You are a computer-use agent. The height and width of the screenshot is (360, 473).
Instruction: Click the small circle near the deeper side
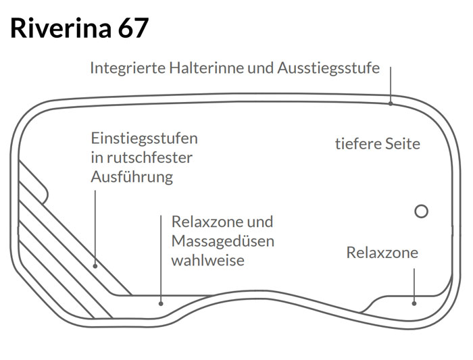[421, 211]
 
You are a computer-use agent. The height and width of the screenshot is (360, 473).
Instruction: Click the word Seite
[403, 144]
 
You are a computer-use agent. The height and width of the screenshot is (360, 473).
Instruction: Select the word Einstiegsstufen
[145, 138]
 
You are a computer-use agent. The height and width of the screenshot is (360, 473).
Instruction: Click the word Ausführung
[132, 178]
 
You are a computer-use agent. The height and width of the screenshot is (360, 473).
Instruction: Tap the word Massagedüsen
[223, 241]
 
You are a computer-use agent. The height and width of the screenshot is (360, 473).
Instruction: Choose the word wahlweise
[207, 260]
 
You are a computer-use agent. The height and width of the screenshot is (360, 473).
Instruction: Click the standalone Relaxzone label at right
[382, 253]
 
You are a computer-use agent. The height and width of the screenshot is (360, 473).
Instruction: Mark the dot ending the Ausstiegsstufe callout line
[391, 103]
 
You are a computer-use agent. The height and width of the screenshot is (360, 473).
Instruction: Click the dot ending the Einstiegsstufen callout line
[96, 265]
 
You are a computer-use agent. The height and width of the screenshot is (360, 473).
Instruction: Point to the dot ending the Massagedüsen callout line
[161, 303]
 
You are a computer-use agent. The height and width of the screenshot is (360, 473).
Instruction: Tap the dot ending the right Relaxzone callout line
[414, 303]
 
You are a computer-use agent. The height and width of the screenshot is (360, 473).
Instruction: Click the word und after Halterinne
[258, 68]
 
